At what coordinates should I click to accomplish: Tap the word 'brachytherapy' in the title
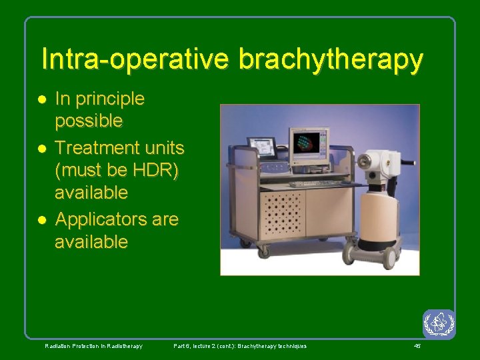tap(331, 60)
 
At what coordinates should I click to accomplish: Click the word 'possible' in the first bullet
tap(89, 121)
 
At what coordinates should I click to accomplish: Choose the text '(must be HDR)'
tap(117, 170)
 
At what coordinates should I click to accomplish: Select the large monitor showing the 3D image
tap(310, 142)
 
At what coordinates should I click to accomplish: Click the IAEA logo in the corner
tap(439, 324)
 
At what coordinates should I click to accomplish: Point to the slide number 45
tap(417, 346)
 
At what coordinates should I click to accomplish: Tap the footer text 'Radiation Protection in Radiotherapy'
tap(93, 346)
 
